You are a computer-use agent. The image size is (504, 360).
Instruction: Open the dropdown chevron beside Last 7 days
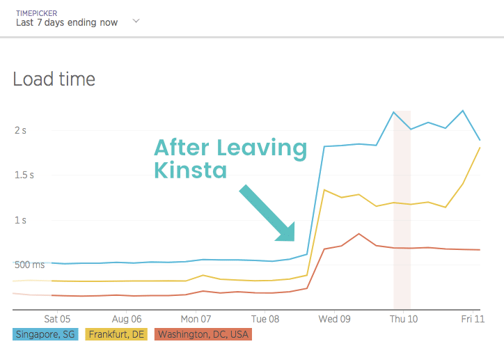(136, 22)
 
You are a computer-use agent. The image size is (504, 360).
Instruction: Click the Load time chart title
(54, 79)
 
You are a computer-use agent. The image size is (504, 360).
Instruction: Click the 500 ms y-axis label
(28, 265)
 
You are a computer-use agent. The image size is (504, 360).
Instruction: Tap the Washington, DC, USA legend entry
(203, 334)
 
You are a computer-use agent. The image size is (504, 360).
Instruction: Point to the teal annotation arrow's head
(287, 234)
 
